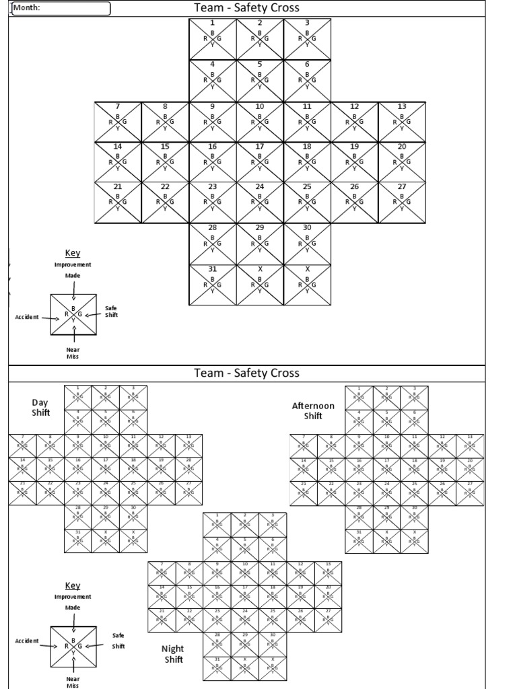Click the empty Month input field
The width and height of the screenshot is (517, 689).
pos(74,8)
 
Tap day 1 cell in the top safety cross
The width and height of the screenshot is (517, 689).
pos(213,39)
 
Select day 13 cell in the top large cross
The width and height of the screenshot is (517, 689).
pos(402,122)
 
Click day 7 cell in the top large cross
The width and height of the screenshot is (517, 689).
pos(118,122)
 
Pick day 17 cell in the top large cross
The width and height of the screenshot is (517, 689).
pos(260,161)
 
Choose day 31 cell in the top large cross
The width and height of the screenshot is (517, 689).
pos(213,284)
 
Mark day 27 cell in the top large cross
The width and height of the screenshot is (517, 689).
pos(402,202)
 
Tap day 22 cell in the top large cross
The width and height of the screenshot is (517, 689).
pos(165,202)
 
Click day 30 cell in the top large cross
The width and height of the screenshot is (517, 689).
pos(307,243)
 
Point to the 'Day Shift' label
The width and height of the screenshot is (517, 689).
pos(40,407)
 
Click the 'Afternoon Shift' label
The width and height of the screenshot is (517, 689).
pos(312,410)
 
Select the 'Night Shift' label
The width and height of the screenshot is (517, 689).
pos(173,654)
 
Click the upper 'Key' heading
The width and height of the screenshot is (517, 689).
pos(72,253)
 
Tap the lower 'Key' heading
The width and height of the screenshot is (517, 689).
pos(72,585)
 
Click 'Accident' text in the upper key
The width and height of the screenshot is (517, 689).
pos(27,317)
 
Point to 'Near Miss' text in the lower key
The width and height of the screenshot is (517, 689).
pos(73,682)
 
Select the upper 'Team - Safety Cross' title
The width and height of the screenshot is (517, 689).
pos(246,8)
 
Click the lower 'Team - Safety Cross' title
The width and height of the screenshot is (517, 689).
pos(246,373)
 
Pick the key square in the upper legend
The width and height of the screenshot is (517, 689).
pos(73,314)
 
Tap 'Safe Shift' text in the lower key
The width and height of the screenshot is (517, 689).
pos(118,641)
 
